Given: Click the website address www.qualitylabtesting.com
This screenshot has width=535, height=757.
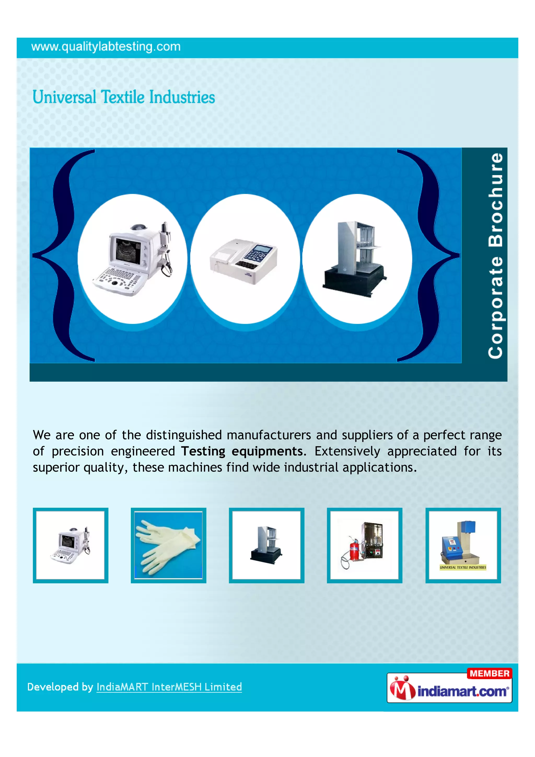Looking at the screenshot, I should [x=106, y=47].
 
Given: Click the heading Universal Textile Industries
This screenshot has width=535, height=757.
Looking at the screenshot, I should [x=124, y=97].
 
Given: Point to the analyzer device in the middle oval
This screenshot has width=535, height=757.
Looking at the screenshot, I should [x=244, y=260].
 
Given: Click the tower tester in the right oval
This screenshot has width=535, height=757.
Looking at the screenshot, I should [x=354, y=259].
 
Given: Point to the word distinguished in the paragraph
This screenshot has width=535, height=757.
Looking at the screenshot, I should [x=184, y=435].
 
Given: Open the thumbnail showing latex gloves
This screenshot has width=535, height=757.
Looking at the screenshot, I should [x=168, y=545].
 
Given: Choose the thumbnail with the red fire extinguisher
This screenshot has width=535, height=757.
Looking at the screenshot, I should [x=364, y=545].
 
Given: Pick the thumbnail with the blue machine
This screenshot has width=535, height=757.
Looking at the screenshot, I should [x=463, y=545].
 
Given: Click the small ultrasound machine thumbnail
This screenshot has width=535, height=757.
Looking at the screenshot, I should [x=71, y=545].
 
